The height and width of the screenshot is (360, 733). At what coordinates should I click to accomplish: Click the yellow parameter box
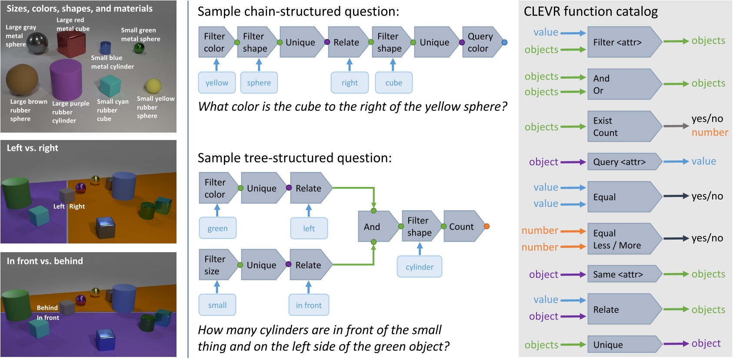point(217,83)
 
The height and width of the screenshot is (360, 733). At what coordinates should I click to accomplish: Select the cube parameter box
point(393,83)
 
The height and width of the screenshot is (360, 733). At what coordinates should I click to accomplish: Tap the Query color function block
point(482,42)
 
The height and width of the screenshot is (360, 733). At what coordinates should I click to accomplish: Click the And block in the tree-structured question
point(378,227)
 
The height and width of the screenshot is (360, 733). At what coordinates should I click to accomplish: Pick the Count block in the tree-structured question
point(464,227)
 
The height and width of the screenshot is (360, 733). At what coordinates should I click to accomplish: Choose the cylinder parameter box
point(420,267)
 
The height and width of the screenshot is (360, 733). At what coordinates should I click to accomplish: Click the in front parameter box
point(309,305)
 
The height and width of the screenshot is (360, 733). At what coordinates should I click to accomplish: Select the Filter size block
point(218,265)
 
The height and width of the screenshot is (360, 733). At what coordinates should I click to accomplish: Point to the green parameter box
point(218,228)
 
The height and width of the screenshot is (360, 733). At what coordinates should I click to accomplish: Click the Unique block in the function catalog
point(625,344)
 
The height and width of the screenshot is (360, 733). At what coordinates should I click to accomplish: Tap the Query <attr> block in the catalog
point(625,162)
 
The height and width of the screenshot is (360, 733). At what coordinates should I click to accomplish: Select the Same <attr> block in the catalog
point(625,274)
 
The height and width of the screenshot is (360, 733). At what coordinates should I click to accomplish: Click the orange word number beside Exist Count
point(710,133)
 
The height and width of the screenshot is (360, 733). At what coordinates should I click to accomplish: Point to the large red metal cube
point(71,44)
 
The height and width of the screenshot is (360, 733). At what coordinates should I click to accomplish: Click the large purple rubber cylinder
point(66,80)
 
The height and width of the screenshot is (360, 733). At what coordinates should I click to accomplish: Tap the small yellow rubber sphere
point(153,86)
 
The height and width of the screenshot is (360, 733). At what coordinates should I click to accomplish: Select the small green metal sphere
point(139,48)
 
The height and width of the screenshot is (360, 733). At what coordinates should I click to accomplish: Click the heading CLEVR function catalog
point(591,11)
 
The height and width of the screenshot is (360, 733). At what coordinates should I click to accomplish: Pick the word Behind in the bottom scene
point(47,308)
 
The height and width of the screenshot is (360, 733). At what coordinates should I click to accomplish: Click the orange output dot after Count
point(486,227)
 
